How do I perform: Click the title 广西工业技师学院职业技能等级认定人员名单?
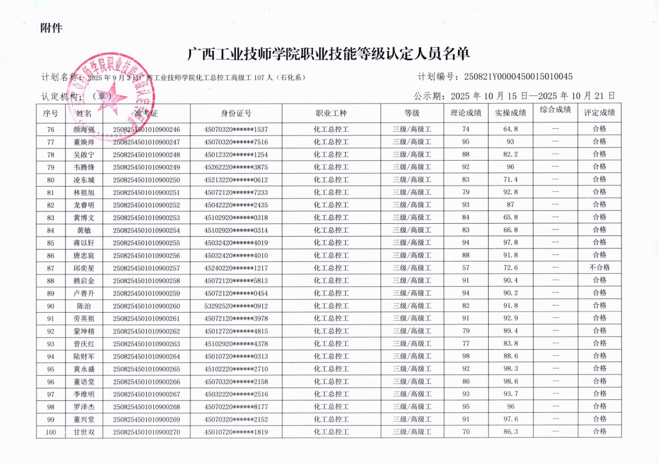coord(328,55)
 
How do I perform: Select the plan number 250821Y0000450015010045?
coord(518,77)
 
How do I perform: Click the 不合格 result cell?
coord(599,267)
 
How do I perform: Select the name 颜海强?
coord(84,130)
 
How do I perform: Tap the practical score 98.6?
coord(510,382)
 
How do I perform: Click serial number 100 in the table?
coord(51,432)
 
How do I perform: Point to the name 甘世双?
coord(84,432)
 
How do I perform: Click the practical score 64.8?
coord(510,130)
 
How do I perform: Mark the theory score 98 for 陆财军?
coord(466,356)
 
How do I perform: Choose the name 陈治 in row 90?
coord(84,306)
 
